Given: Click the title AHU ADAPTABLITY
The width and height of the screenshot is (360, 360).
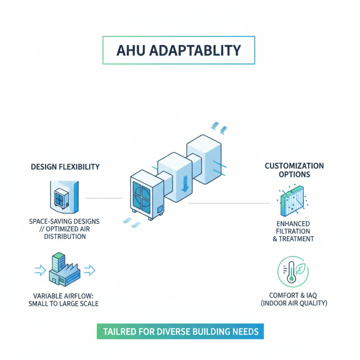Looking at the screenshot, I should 179,50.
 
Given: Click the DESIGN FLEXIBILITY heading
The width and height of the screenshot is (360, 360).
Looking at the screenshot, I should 65,167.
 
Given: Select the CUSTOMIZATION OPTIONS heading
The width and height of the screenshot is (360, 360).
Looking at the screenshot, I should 294,170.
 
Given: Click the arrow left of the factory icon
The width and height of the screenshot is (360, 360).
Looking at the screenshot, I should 40,270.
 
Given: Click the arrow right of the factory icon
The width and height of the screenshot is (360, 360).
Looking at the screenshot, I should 90,270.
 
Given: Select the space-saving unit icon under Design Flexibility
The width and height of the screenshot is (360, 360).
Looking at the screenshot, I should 63,197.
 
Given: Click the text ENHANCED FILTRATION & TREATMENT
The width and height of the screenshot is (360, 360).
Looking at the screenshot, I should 293,231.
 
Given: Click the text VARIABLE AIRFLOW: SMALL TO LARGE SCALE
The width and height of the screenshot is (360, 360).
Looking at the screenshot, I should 66,299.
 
